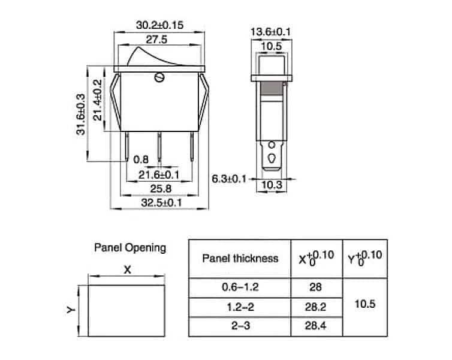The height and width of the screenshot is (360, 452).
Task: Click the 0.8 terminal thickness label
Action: tap(141, 160)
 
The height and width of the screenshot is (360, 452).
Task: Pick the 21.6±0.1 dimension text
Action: tap(159, 175)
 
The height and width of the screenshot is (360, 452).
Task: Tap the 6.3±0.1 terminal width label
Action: tap(230, 179)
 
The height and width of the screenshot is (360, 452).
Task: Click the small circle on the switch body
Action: tap(159, 77)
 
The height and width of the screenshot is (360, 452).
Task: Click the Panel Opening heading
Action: tap(129, 247)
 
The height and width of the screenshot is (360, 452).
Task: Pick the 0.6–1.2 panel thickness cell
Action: tap(240, 287)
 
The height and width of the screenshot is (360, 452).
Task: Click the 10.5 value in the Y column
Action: tap(365, 304)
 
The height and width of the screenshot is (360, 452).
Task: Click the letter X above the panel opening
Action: tap(126, 269)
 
